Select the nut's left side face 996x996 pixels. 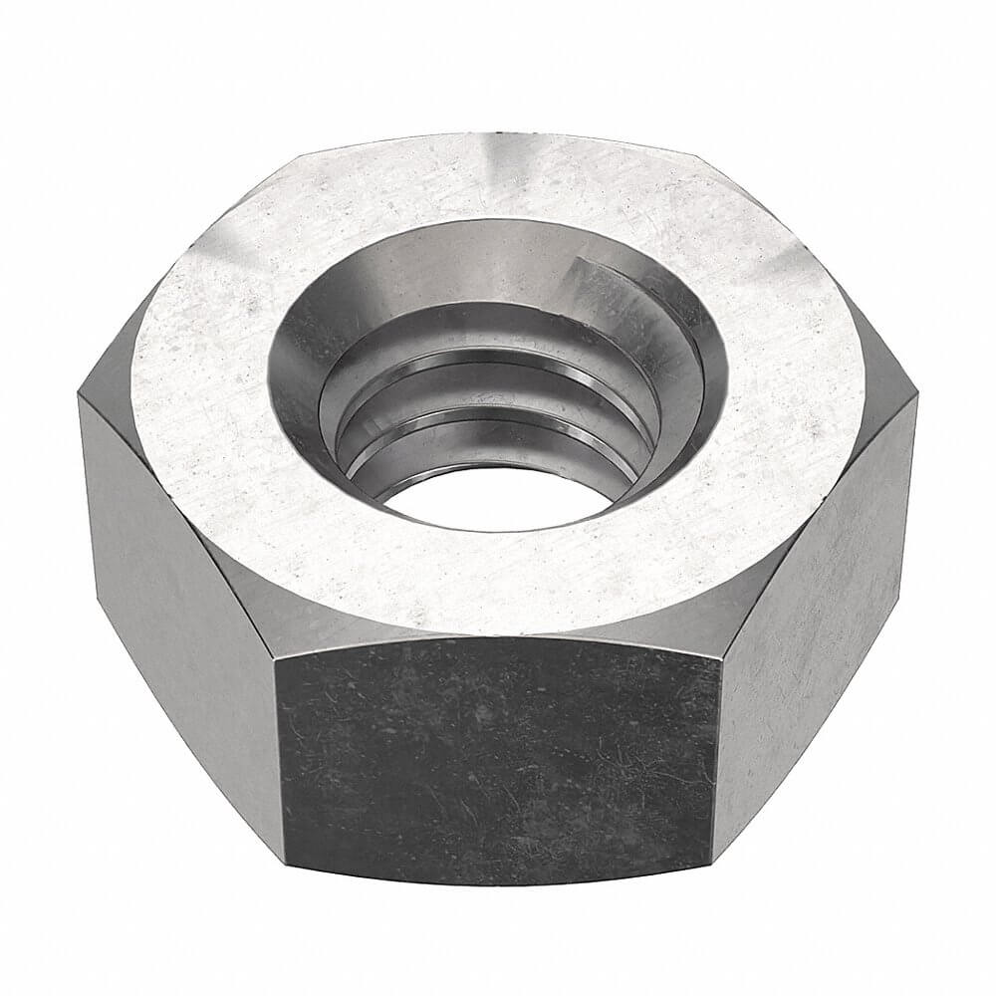[169, 578]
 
